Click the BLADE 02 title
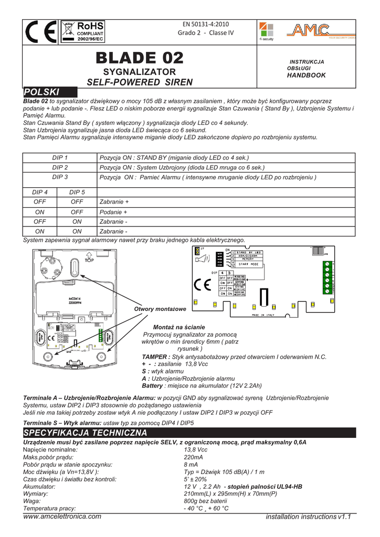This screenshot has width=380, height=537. point(140,58)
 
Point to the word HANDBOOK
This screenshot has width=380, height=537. point(306,76)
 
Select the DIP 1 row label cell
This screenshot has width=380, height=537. point(60,158)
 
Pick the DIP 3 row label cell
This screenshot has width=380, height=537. point(60,177)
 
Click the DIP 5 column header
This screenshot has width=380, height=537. point(77,192)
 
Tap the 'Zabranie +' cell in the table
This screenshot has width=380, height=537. point(114,202)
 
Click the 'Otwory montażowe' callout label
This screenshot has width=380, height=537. point(157,309)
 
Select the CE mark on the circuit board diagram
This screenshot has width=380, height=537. point(203,285)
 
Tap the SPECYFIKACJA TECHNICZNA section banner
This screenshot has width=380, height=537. point(86,433)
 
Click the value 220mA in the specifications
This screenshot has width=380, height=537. point(193,457)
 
